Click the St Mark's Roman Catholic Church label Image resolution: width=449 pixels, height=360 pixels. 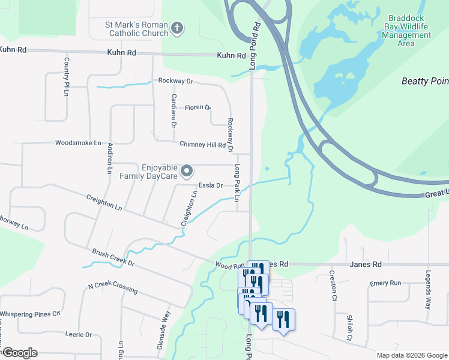[130, 28]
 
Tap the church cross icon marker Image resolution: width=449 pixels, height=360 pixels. [177, 28]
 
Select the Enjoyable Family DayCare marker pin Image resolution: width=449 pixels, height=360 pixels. [187, 172]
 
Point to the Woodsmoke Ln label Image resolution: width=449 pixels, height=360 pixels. [78, 143]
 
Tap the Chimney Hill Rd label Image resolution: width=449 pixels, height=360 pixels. [202, 144]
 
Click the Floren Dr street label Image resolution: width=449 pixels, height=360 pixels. [198, 108]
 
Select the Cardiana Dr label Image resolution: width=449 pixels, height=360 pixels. [173, 111]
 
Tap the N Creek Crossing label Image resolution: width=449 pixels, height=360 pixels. [112, 288]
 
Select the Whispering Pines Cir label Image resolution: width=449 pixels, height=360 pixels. [31, 314]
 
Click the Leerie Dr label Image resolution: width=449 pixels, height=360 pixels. [80, 334]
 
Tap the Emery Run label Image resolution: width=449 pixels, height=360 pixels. [385, 283]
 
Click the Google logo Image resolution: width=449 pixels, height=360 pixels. [20, 353]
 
